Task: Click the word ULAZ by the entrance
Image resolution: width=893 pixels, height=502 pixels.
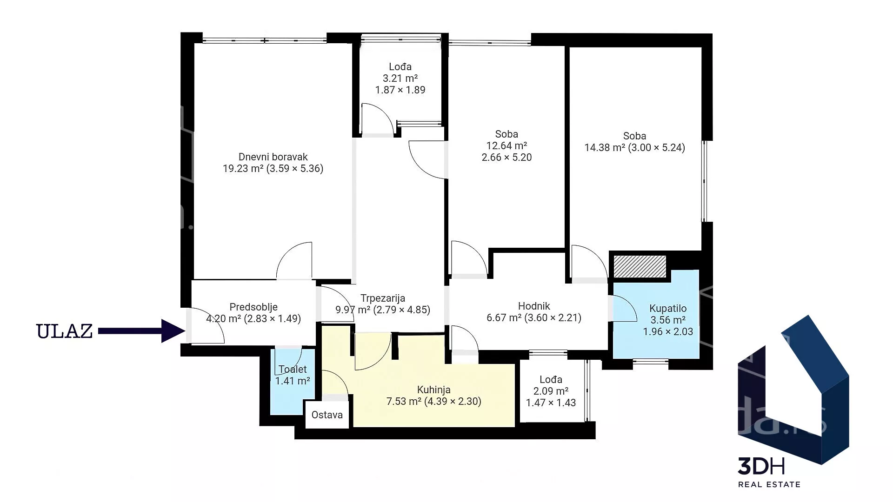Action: (65, 331)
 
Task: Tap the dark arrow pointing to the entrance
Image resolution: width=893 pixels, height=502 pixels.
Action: (142, 330)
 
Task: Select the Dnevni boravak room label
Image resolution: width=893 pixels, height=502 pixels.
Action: (273, 157)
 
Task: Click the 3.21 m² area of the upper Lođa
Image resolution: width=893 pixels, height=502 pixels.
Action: (400, 78)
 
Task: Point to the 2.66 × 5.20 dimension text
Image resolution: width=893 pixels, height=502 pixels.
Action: (506, 158)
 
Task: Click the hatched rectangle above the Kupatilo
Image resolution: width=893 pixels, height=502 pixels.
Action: (640, 266)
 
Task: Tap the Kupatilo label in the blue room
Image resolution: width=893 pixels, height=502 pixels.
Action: (668, 309)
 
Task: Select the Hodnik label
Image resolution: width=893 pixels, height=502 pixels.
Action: (534, 306)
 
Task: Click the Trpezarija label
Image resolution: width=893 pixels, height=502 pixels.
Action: (383, 298)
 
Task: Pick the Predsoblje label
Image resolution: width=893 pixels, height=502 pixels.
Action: (253, 307)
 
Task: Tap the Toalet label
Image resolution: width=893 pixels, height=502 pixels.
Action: (293, 370)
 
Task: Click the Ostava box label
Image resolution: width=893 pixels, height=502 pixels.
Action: (327, 415)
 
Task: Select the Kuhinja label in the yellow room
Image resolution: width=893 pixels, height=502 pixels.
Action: (433, 390)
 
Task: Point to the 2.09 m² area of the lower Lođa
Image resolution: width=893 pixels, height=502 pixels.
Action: (551, 391)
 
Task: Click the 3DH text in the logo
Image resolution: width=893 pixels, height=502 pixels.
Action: (762, 466)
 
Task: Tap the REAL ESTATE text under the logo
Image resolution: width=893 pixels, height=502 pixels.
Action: (769, 484)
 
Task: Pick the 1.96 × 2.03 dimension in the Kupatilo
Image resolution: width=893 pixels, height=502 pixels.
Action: (668, 332)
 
